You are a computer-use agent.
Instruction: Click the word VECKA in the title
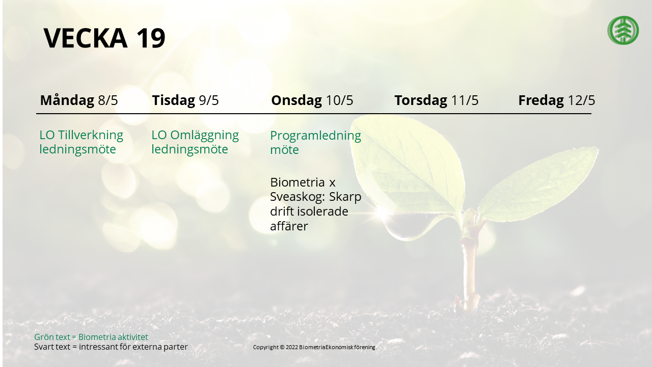click(x=85, y=38)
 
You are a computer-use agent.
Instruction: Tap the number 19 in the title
click(x=150, y=38)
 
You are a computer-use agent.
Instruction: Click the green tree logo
click(x=623, y=30)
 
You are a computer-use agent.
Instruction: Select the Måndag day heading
click(x=67, y=100)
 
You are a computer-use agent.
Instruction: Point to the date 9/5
click(x=209, y=100)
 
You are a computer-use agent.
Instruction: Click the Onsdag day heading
click(x=296, y=100)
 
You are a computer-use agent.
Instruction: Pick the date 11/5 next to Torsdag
click(x=465, y=100)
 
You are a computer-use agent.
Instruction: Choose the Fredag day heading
click(x=541, y=100)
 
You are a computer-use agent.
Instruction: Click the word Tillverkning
click(x=91, y=135)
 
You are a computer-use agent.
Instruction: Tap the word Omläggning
click(x=204, y=135)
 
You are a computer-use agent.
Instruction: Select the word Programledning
click(x=315, y=136)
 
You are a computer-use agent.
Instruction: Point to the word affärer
click(x=289, y=226)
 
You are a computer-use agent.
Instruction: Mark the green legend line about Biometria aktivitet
click(x=91, y=337)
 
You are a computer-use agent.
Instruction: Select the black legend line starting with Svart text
click(x=111, y=347)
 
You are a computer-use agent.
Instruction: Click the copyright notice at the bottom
click(x=315, y=347)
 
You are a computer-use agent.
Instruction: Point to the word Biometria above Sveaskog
click(x=297, y=182)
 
